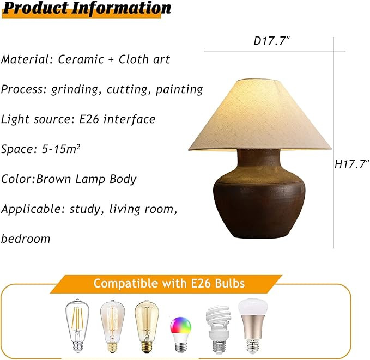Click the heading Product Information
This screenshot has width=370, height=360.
click(86, 9)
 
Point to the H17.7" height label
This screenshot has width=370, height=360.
click(351, 164)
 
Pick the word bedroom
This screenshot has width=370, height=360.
click(26, 239)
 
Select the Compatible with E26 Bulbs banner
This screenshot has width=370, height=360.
click(169, 283)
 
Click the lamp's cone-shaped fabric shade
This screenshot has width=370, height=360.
click(260, 117)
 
